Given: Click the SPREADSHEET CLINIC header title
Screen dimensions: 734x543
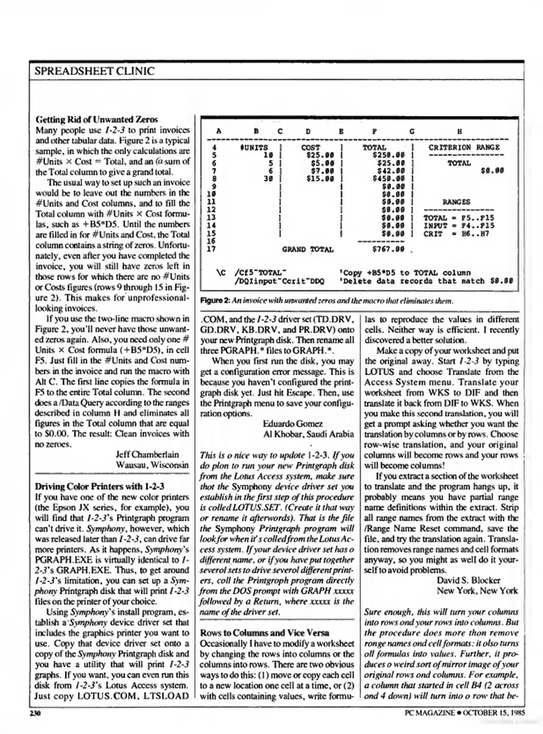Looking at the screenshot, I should (x=95, y=71).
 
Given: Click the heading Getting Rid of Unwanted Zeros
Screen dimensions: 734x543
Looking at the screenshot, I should (x=97, y=119).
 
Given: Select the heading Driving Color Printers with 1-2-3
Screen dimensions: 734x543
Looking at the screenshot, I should (x=100, y=486).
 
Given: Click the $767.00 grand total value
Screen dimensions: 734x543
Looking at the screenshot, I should (x=388, y=249).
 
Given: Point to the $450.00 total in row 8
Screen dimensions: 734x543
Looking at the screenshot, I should (x=388, y=178).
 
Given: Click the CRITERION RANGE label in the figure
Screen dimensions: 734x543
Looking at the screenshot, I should (x=464, y=147).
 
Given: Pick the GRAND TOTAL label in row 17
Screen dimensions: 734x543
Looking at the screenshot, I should (x=308, y=249).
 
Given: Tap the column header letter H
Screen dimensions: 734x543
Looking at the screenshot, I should (x=459, y=132).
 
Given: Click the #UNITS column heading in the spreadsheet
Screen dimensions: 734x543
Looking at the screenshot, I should (x=254, y=147).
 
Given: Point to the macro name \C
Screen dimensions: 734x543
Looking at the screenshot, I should (x=221, y=273).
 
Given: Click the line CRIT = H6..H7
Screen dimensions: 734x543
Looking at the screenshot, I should (x=456, y=234).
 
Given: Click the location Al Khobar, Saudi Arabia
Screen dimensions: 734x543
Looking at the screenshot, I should (x=308, y=434).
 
